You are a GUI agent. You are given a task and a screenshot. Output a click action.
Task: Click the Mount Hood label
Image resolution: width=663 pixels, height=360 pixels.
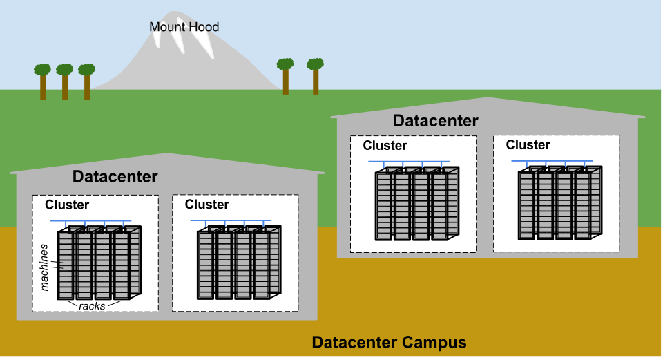pyautogui.click(x=184, y=28)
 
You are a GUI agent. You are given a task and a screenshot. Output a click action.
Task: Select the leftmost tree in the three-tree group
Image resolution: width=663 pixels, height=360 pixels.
pyautogui.click(x=43, y=80)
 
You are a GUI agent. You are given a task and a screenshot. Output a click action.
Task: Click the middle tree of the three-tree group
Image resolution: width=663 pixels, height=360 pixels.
pyautogui.click(x=65, y=80)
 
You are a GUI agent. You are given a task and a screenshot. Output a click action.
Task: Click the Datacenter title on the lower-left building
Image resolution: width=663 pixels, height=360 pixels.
pyautogui.click(x=115, y=177)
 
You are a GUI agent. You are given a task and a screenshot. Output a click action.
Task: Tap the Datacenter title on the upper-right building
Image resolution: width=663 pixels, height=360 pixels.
pyautogui.click(x=435, y=121)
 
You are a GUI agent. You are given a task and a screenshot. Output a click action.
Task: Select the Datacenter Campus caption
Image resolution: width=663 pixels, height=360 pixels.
pyautogui.click(x=389, y=343)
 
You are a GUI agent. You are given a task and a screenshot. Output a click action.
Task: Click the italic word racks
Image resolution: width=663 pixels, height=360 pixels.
pyautogui.click(x=92, y=305)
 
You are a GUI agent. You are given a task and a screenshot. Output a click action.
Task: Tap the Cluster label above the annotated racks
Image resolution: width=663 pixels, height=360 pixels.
pyautogui.click(x=67, y=205)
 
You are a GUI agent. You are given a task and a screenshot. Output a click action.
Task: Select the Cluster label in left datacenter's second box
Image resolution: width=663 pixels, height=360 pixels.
pyautogui.click(x=207, y=205)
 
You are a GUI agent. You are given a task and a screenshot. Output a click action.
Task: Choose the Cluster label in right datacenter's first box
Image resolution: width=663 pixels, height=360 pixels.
pyautogui.click(x=385, y=146)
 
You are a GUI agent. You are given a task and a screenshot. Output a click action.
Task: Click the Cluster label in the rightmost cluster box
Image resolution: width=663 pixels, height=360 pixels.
pyautogui.click(x=528, y=145)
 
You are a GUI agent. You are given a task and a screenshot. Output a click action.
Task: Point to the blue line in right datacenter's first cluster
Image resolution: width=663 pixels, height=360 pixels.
pyautogui.click(x=409, y=162)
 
